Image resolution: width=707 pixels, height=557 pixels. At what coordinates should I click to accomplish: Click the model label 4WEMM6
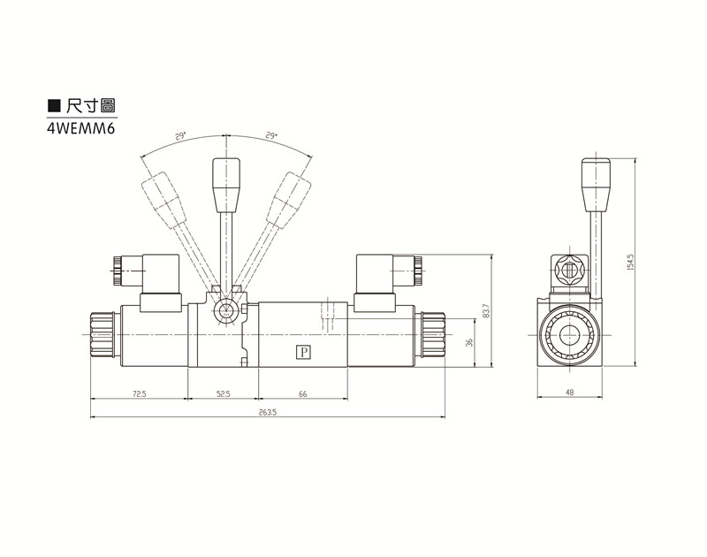coord(81,127)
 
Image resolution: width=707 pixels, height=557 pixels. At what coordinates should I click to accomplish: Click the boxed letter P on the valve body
coord(303,354)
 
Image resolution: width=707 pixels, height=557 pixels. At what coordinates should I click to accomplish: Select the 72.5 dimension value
coord(139,394)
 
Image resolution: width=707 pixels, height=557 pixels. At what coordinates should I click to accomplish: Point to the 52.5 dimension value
coord(222,394)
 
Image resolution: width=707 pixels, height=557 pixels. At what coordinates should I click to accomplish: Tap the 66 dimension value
coord(302,394)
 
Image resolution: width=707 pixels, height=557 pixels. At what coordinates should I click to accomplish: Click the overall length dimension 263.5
coord(267,413)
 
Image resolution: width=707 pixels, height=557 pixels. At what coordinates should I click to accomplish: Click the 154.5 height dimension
coord(630,262)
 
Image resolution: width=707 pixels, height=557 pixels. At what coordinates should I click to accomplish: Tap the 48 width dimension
coord(570,392)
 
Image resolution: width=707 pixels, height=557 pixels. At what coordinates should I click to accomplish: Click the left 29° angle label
coord(179,137)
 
